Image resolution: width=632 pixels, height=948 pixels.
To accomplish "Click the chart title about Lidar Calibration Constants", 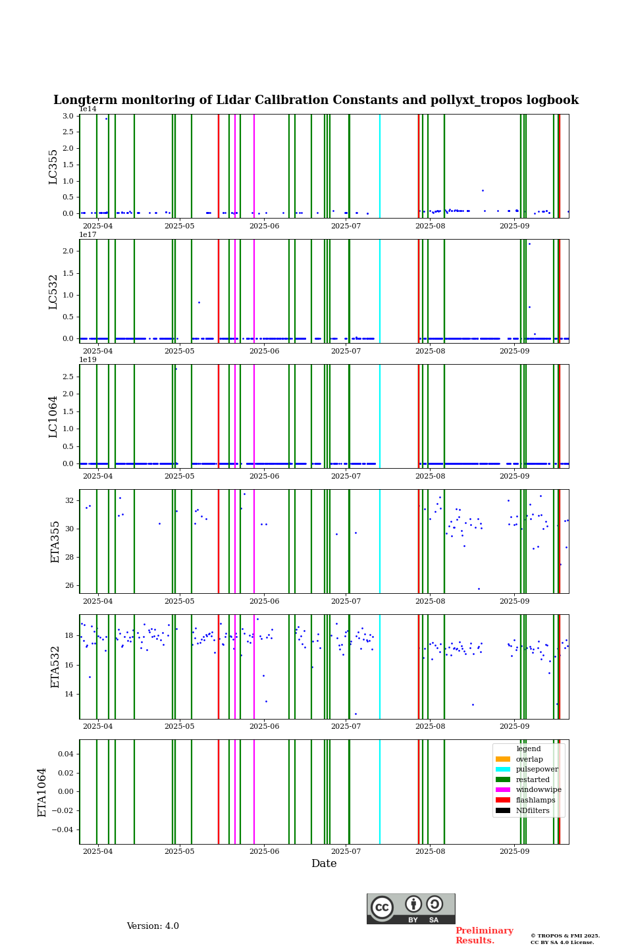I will pyautogui.click(x=316, y=100).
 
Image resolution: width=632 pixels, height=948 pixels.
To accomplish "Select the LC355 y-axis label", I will pyautogui.click(x=53, y=167).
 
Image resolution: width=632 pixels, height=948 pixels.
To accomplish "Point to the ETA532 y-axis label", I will pyautogui.click(x=55, y=666).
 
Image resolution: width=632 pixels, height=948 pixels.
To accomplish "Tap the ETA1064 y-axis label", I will pyautogui.click(x=42, y=792).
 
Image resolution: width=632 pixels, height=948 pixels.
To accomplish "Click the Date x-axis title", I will pyautogui.click(x=324, y=864).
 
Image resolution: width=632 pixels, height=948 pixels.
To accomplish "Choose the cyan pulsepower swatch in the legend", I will pyautogui.click(x=503, y=769).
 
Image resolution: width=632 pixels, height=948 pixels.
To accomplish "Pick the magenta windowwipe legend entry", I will pyautogui.click(x=529, y=790).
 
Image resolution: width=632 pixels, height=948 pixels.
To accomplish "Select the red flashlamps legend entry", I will pyautogui.click(x=529, y=801).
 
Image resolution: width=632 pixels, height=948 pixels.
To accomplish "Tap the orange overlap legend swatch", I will pyautogui.click(x=503, y=759).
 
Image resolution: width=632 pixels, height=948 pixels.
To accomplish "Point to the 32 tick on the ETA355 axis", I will pyautogui.click(x=70, y=500).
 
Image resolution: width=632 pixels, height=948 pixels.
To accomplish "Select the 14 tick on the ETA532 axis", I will pyautogui.click(x=70, y=694).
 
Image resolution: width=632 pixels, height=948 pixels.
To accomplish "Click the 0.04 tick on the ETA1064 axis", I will pyautogui.click(x=65, y=753).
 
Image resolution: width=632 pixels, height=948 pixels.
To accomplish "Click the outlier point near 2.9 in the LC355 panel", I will pyautogui.click(x=106, y=118).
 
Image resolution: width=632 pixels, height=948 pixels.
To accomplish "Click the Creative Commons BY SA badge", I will pyautogui.click(x=411, y=908).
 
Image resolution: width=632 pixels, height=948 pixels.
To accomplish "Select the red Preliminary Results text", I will pyautogui.click(x=484, y=935).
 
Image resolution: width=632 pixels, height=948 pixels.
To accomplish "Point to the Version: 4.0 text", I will pyautogui.click(x=153, y=926).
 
